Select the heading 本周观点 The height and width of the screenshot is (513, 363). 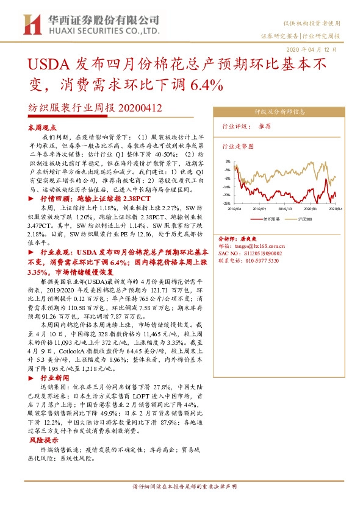click(42, 129)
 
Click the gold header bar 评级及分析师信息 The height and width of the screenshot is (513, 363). click(279, 111)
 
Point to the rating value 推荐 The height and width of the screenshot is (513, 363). click(265, 126)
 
